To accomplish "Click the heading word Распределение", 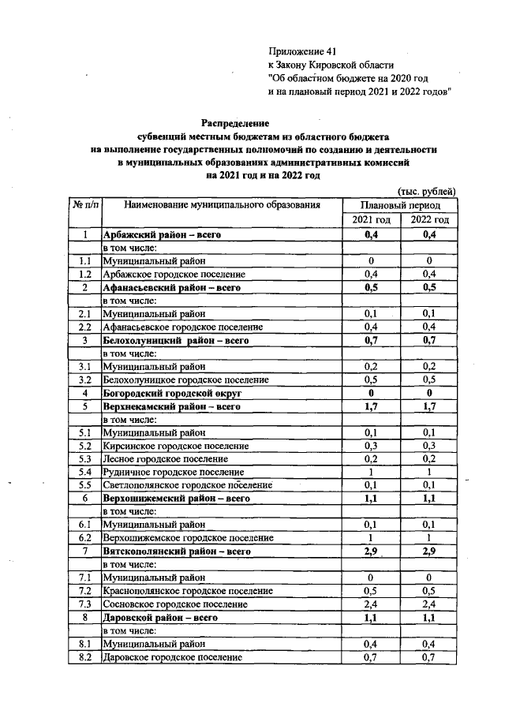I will coord(235,123).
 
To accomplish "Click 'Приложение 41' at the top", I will coord(302,50).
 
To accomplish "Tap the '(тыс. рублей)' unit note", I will coord(426,190).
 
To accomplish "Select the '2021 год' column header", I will coord(370,219).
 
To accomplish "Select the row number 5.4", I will coord(86,472).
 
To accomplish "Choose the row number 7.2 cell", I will coord(86,590).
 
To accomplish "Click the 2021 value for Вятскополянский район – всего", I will coord(370,551).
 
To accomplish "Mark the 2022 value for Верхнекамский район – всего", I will coord(429,406).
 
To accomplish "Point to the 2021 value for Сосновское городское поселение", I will coord(370,604).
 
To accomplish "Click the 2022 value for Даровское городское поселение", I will coord(429,656).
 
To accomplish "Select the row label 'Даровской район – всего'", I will coord(160,617).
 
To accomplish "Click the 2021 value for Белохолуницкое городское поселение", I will coord(370,379).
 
